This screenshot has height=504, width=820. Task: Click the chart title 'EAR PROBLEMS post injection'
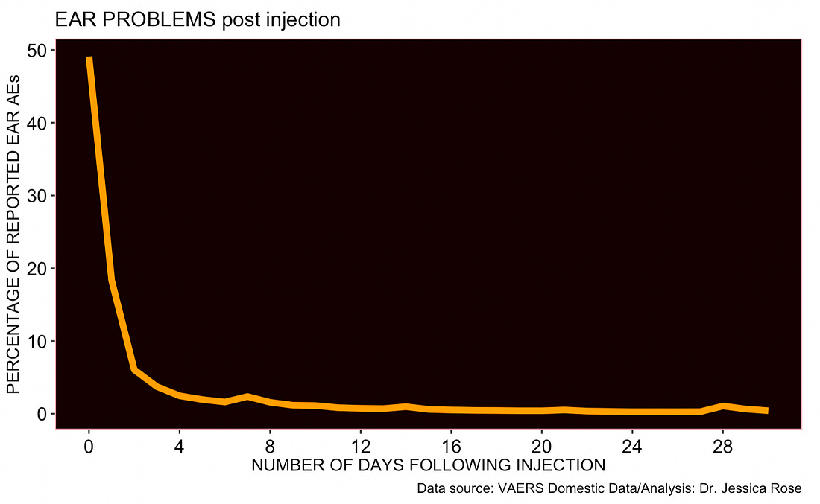[x=198, y=19]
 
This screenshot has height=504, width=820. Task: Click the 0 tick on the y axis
[x=42, y=414]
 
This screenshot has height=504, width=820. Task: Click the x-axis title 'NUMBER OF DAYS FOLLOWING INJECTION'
[x=428, y=466]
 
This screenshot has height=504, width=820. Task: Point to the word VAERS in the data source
[x=520, y=489]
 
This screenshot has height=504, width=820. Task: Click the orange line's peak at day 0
[x=89, y=59]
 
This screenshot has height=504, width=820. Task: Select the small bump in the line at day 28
[x=722, y=406]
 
